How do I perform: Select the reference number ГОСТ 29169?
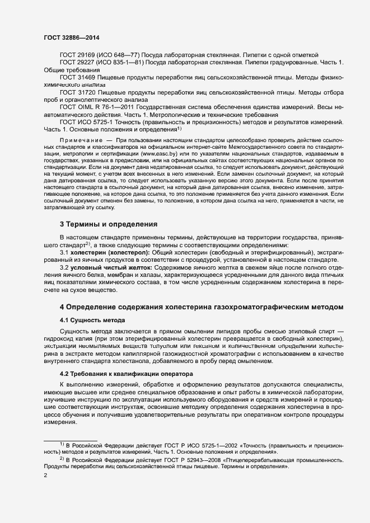[78, 55]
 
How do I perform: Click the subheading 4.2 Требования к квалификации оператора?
[126, 373]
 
